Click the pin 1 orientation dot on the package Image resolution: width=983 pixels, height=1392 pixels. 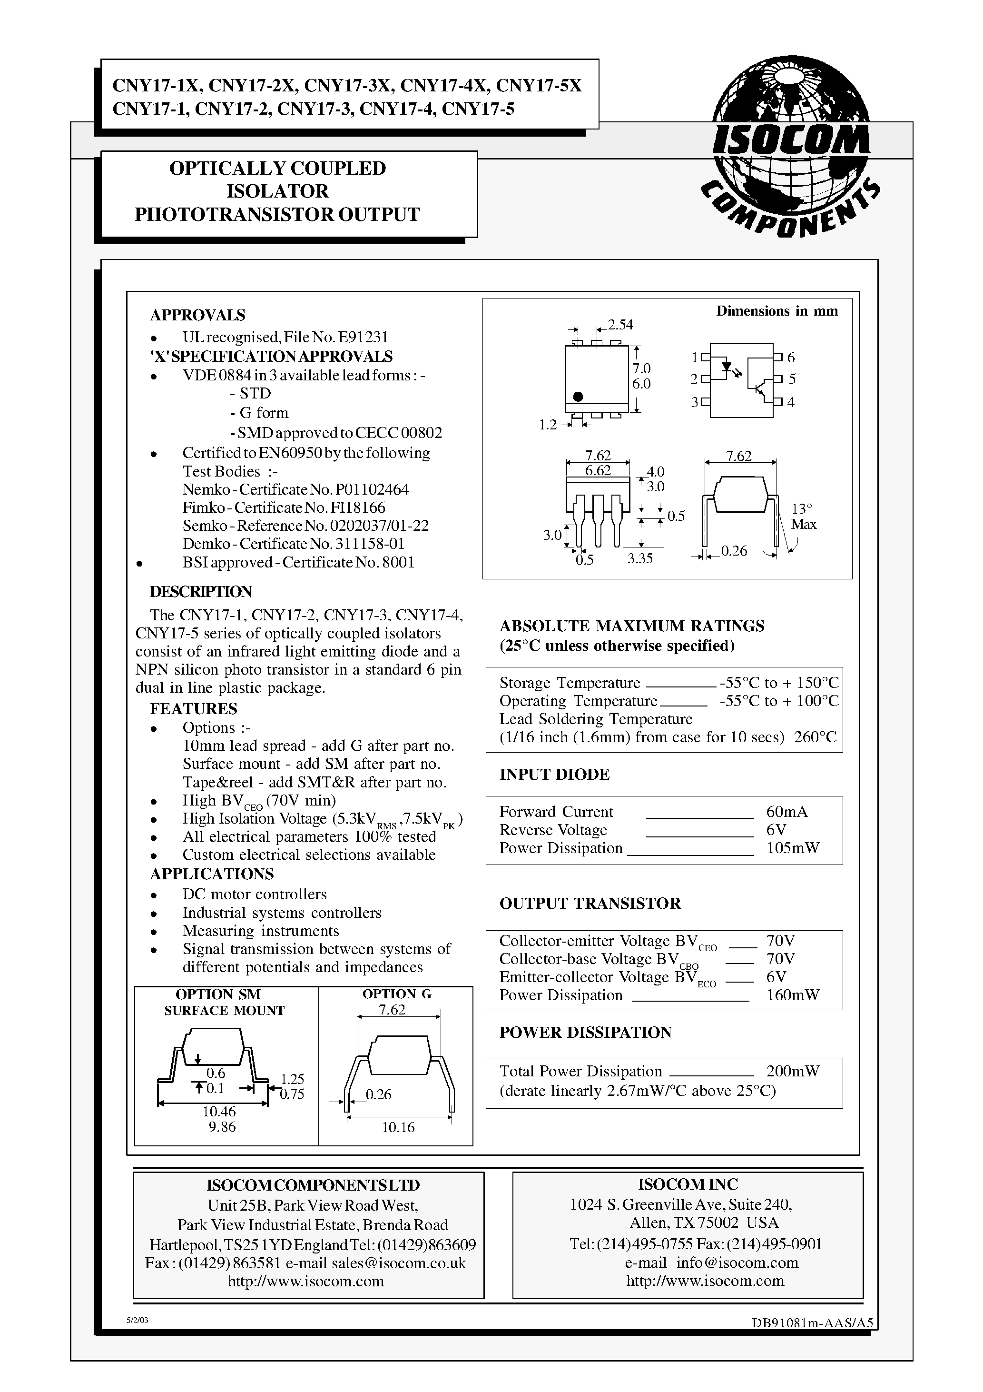click(578, 397)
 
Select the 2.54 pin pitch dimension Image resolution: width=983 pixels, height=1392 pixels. click(620, 325)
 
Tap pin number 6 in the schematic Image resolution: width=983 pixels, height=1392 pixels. click(791, 358)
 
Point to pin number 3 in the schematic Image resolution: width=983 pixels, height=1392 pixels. click(695, 402)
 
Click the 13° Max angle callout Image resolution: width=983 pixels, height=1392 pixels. click(803, 517)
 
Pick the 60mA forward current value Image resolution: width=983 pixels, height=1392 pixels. click(786, 812)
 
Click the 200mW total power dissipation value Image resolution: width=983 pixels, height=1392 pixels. click(793, 1071)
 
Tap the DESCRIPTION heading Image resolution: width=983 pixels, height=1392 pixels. click(201, 592)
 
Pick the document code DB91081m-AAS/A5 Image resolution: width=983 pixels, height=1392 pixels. click(812, 1323)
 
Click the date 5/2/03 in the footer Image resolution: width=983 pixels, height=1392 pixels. click(138, 1320)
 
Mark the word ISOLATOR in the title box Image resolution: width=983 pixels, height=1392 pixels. click(277, 191)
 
